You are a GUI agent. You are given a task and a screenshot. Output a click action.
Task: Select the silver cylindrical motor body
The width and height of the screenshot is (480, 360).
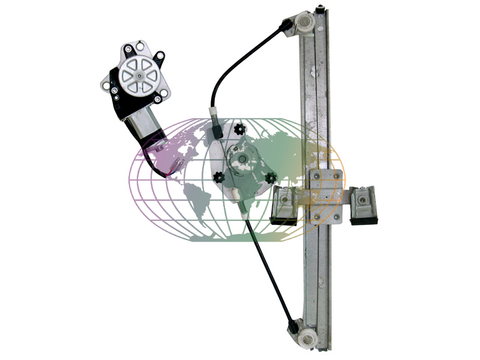tap(144, 127)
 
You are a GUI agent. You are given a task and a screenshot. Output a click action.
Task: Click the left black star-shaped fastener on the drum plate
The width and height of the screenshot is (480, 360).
tap(218, 178)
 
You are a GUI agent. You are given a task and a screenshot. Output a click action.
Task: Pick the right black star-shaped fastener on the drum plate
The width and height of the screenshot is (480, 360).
tap(271, 178)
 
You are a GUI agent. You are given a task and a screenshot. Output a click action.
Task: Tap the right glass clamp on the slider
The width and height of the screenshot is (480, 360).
tap(364, 204)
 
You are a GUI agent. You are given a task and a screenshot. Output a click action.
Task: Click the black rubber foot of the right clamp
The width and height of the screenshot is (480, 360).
tap(364, 220)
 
